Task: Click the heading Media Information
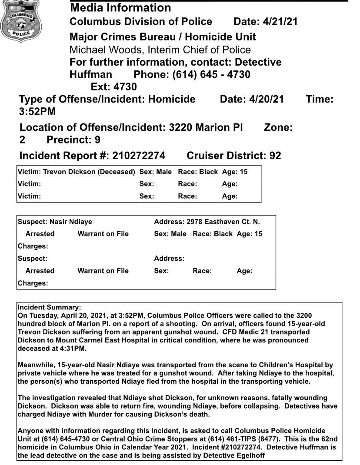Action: tap(120, 8)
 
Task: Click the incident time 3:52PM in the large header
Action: tap(37, 112)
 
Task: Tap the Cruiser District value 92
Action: tap(275, 155)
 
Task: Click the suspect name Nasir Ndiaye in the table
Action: tap(70, 222)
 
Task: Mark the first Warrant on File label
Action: tap(103, 234)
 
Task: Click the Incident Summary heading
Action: tap(49, 307)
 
